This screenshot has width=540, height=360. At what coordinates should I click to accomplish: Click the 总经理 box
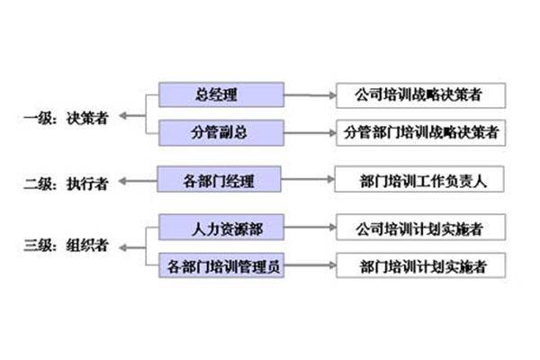220,94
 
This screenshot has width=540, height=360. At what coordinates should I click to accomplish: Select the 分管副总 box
220,132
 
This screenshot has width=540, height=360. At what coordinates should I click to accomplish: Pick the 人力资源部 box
222,228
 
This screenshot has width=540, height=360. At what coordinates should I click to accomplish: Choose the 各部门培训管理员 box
222,265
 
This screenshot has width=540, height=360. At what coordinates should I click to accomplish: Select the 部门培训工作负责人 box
419,181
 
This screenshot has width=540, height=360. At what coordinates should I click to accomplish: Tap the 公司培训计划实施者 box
419,228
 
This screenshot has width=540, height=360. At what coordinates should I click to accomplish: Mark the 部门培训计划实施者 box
419,265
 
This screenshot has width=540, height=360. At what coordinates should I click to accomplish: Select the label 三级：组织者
67,246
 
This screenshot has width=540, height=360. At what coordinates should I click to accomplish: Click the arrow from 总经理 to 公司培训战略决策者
309,94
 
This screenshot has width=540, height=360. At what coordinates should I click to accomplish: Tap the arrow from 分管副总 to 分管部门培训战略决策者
309,131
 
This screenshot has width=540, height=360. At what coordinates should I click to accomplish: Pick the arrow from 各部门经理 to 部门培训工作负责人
307,181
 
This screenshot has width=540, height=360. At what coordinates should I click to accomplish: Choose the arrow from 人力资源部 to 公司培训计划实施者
309,228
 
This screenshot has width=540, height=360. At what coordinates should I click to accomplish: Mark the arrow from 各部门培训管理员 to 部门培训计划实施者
309,265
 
